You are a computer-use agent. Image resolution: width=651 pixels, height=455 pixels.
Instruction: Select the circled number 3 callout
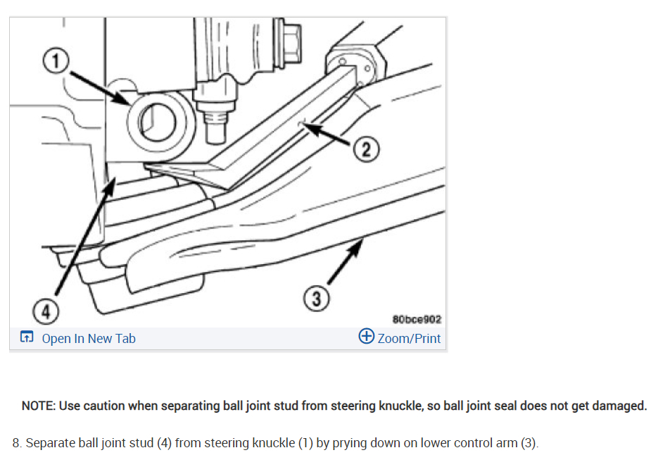[x=317, y=299]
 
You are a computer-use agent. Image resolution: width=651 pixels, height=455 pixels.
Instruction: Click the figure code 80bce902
[x=417, y=319]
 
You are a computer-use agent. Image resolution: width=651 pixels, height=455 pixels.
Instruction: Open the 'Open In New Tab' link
[x=89, y=339]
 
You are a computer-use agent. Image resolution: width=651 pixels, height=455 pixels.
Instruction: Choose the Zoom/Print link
[x=409, y=339]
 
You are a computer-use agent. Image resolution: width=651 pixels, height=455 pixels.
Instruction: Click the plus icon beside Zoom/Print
[x=366, y=337]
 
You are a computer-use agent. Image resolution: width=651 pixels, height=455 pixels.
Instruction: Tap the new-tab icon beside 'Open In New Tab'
[x=27, y=338]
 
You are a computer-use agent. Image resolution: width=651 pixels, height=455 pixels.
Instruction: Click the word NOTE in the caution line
[x=38, y=406]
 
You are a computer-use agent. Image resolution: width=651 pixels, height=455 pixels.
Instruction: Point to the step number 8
[x=18, y=444]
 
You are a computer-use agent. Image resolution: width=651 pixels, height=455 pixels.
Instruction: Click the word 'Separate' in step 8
[x=49, y=444]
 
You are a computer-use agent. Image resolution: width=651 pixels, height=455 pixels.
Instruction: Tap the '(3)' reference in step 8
[x=529, y=444]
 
